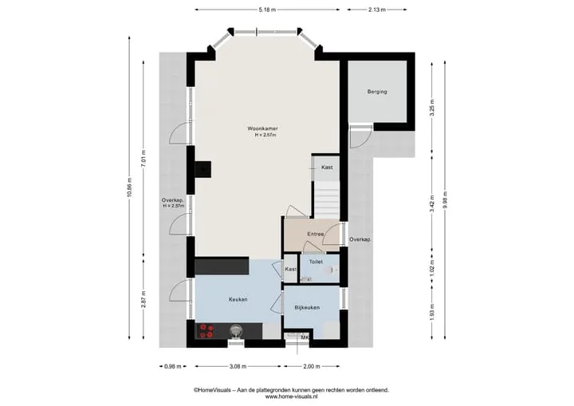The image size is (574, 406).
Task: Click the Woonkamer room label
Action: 262,128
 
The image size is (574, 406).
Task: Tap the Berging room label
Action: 377,92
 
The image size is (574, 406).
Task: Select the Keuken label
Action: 238,299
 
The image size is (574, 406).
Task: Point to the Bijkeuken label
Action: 307,307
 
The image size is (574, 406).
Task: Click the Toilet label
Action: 316,262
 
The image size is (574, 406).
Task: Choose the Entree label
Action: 315,234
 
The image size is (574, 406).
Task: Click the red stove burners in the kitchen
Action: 206,331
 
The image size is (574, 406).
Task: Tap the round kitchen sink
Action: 236,331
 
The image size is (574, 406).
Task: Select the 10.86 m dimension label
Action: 130,187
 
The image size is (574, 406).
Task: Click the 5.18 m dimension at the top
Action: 267,10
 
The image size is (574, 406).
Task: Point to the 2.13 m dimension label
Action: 376,10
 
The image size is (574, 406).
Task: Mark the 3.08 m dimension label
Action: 238,366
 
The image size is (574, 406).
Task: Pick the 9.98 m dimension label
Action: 445,200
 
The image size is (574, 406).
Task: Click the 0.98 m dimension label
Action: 173,366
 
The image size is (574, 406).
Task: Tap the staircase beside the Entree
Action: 327,199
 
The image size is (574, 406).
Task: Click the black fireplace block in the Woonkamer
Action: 202,170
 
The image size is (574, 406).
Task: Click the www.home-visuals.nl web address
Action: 292,396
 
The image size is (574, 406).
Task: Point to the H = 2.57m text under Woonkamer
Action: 265,136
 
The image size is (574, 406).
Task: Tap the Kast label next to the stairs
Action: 327,167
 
